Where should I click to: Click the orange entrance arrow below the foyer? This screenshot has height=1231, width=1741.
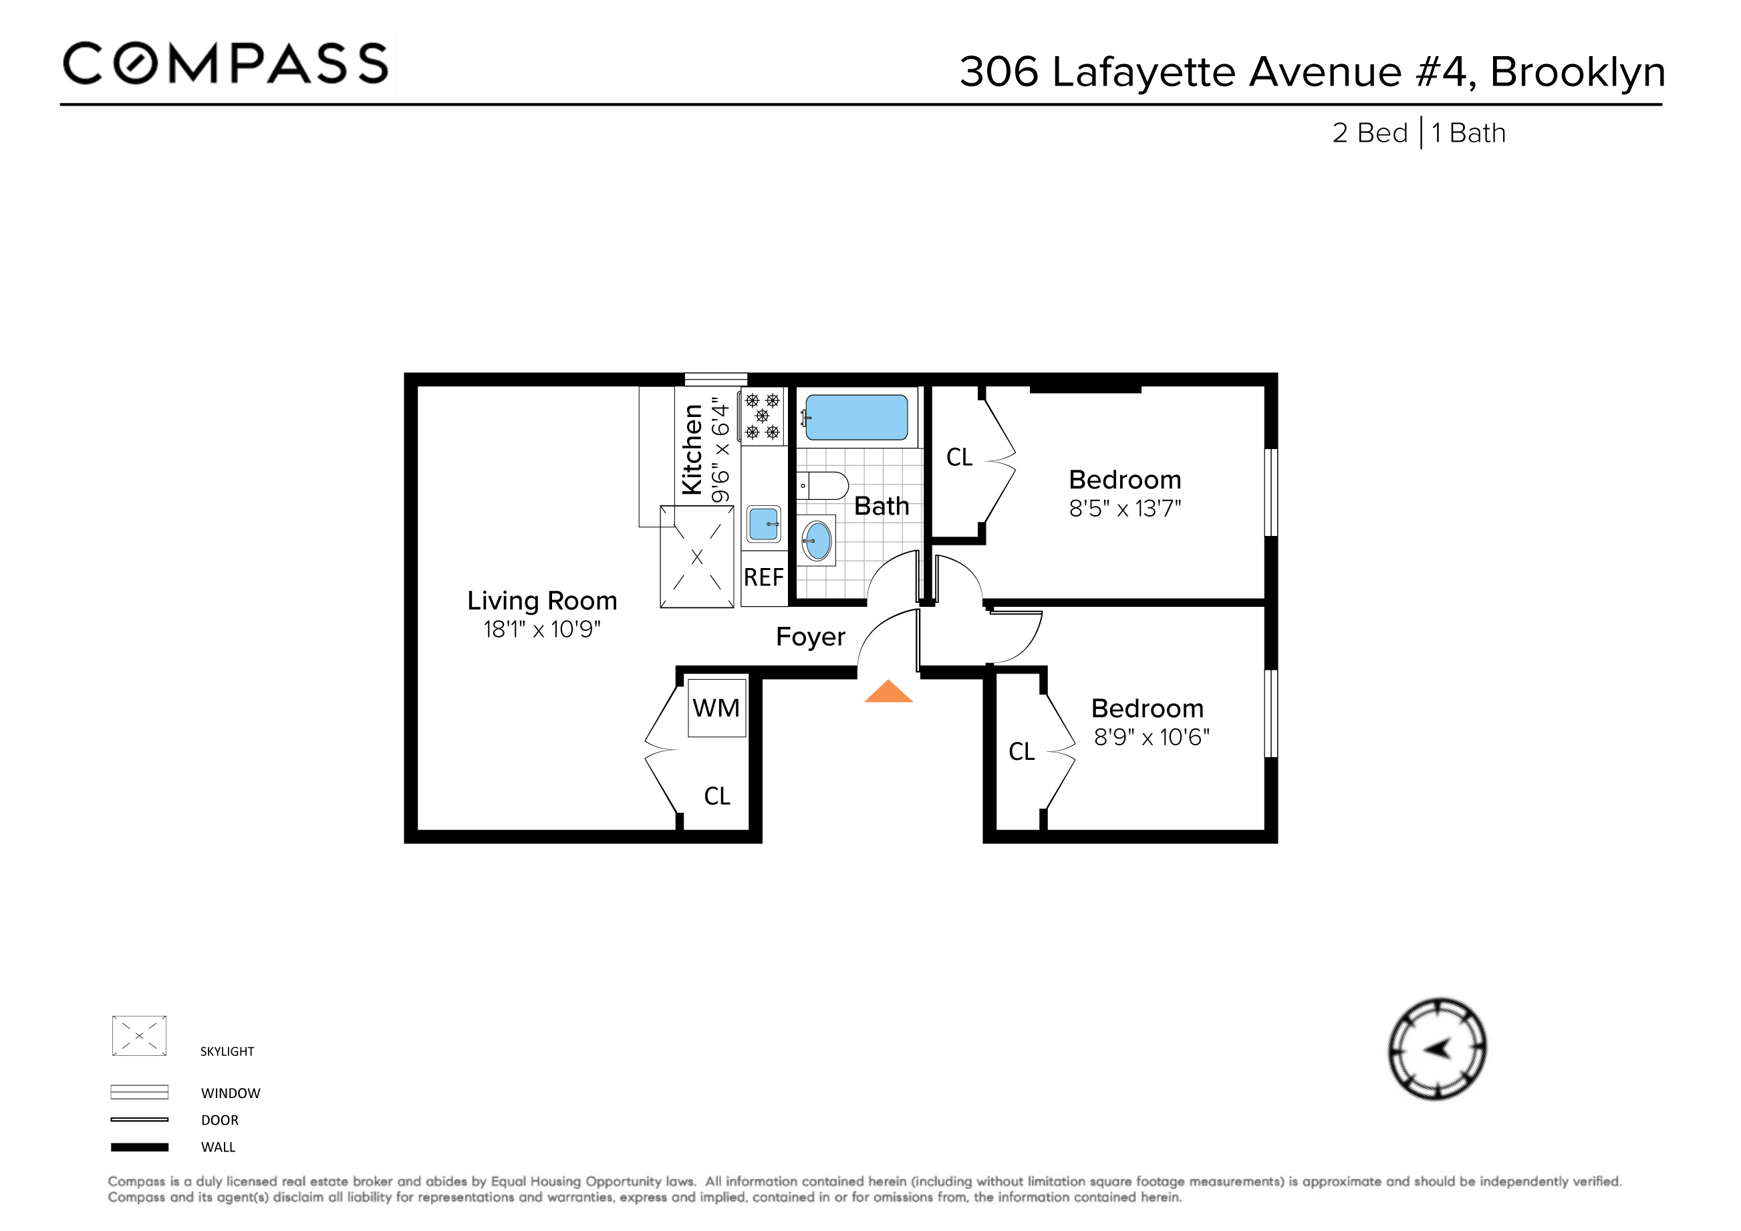tap(888, 693)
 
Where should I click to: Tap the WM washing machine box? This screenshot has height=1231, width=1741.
tap(716, 708)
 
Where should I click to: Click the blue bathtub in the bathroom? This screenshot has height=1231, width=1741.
tap(856, 417)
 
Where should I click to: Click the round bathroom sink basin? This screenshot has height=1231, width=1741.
tap(817, 541)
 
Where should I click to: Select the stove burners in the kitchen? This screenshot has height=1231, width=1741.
tap(762, 416)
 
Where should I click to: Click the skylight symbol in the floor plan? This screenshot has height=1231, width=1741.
tap(697, 557)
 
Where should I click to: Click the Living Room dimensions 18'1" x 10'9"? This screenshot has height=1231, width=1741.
tap(542, 629)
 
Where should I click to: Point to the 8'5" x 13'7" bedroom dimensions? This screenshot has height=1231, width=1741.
tap(1125, 509)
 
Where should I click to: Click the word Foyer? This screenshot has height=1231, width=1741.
tap(810, 637)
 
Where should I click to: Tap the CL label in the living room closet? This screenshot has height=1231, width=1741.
tap(716, 796)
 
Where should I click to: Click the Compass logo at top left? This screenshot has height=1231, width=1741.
tap(225, 63)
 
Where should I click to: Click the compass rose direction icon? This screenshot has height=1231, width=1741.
tap(1437, 1049)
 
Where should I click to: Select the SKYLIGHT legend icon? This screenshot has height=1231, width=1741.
tap(139, 1035)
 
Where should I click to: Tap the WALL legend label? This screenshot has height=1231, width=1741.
tap(219, 1147)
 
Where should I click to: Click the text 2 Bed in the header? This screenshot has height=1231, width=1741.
tap(1369, 134)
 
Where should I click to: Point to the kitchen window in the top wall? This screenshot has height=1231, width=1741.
tap(716, 379)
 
